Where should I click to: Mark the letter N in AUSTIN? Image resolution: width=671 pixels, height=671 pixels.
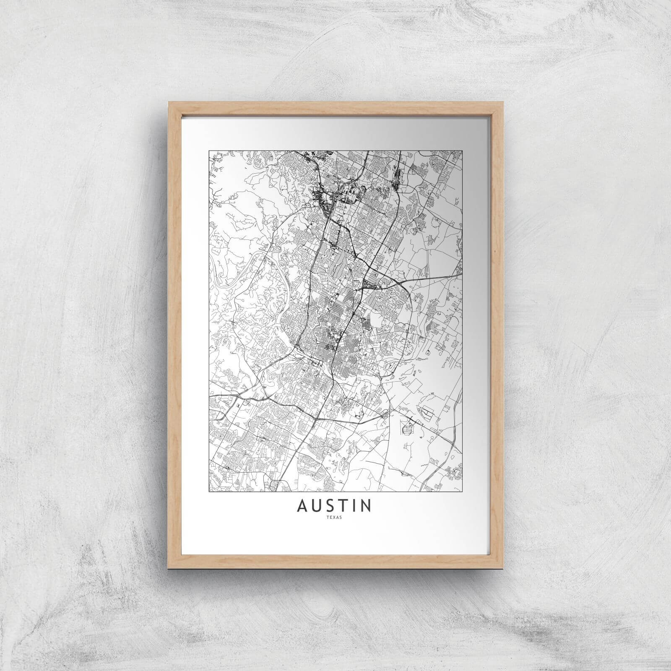[x=365, y=506]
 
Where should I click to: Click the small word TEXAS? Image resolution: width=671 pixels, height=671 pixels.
[x=335, y=517]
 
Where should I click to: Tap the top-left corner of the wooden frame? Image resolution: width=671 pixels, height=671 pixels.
[x=169, y=102]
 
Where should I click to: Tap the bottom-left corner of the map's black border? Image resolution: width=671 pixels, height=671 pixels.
[x=209, y=491]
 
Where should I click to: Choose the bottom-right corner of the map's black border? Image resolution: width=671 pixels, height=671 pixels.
[x=462, y=491]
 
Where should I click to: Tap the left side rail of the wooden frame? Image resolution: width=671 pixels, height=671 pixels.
[x=172, y=335]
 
